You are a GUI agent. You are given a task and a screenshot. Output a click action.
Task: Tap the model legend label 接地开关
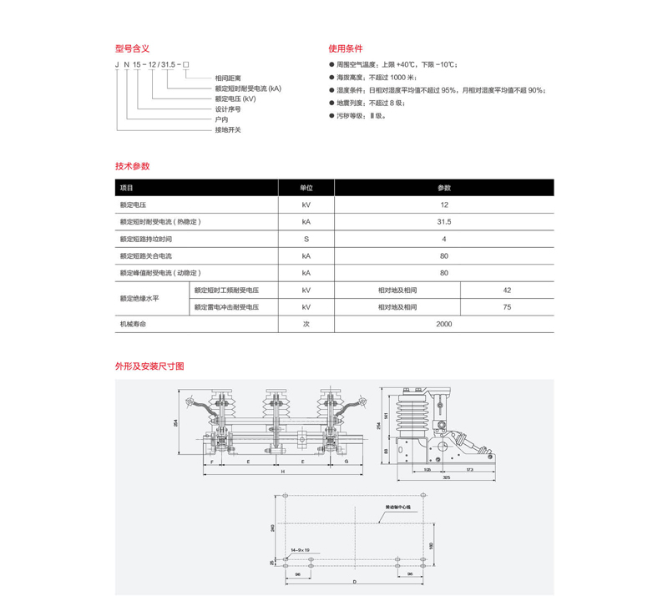(x=227, y=130)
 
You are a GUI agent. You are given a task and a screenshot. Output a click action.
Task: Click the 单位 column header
(x=306, y=188)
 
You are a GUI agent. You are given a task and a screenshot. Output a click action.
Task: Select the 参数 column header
(x=443, y=188)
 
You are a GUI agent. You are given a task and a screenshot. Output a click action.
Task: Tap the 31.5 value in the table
(x=443, y=222)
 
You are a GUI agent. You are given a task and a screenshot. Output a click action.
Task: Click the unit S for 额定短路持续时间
(x=306, y=239)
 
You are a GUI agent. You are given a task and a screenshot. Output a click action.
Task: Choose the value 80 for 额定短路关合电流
(x=443, y=255)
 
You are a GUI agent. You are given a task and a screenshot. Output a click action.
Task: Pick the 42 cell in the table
(x=507, y=290)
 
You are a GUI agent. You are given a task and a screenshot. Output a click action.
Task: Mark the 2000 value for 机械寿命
(x=443, y=323)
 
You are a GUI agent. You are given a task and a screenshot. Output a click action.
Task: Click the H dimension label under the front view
(x=282, y=472)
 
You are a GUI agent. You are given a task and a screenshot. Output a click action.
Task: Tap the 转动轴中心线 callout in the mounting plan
(x=399, y=507)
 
